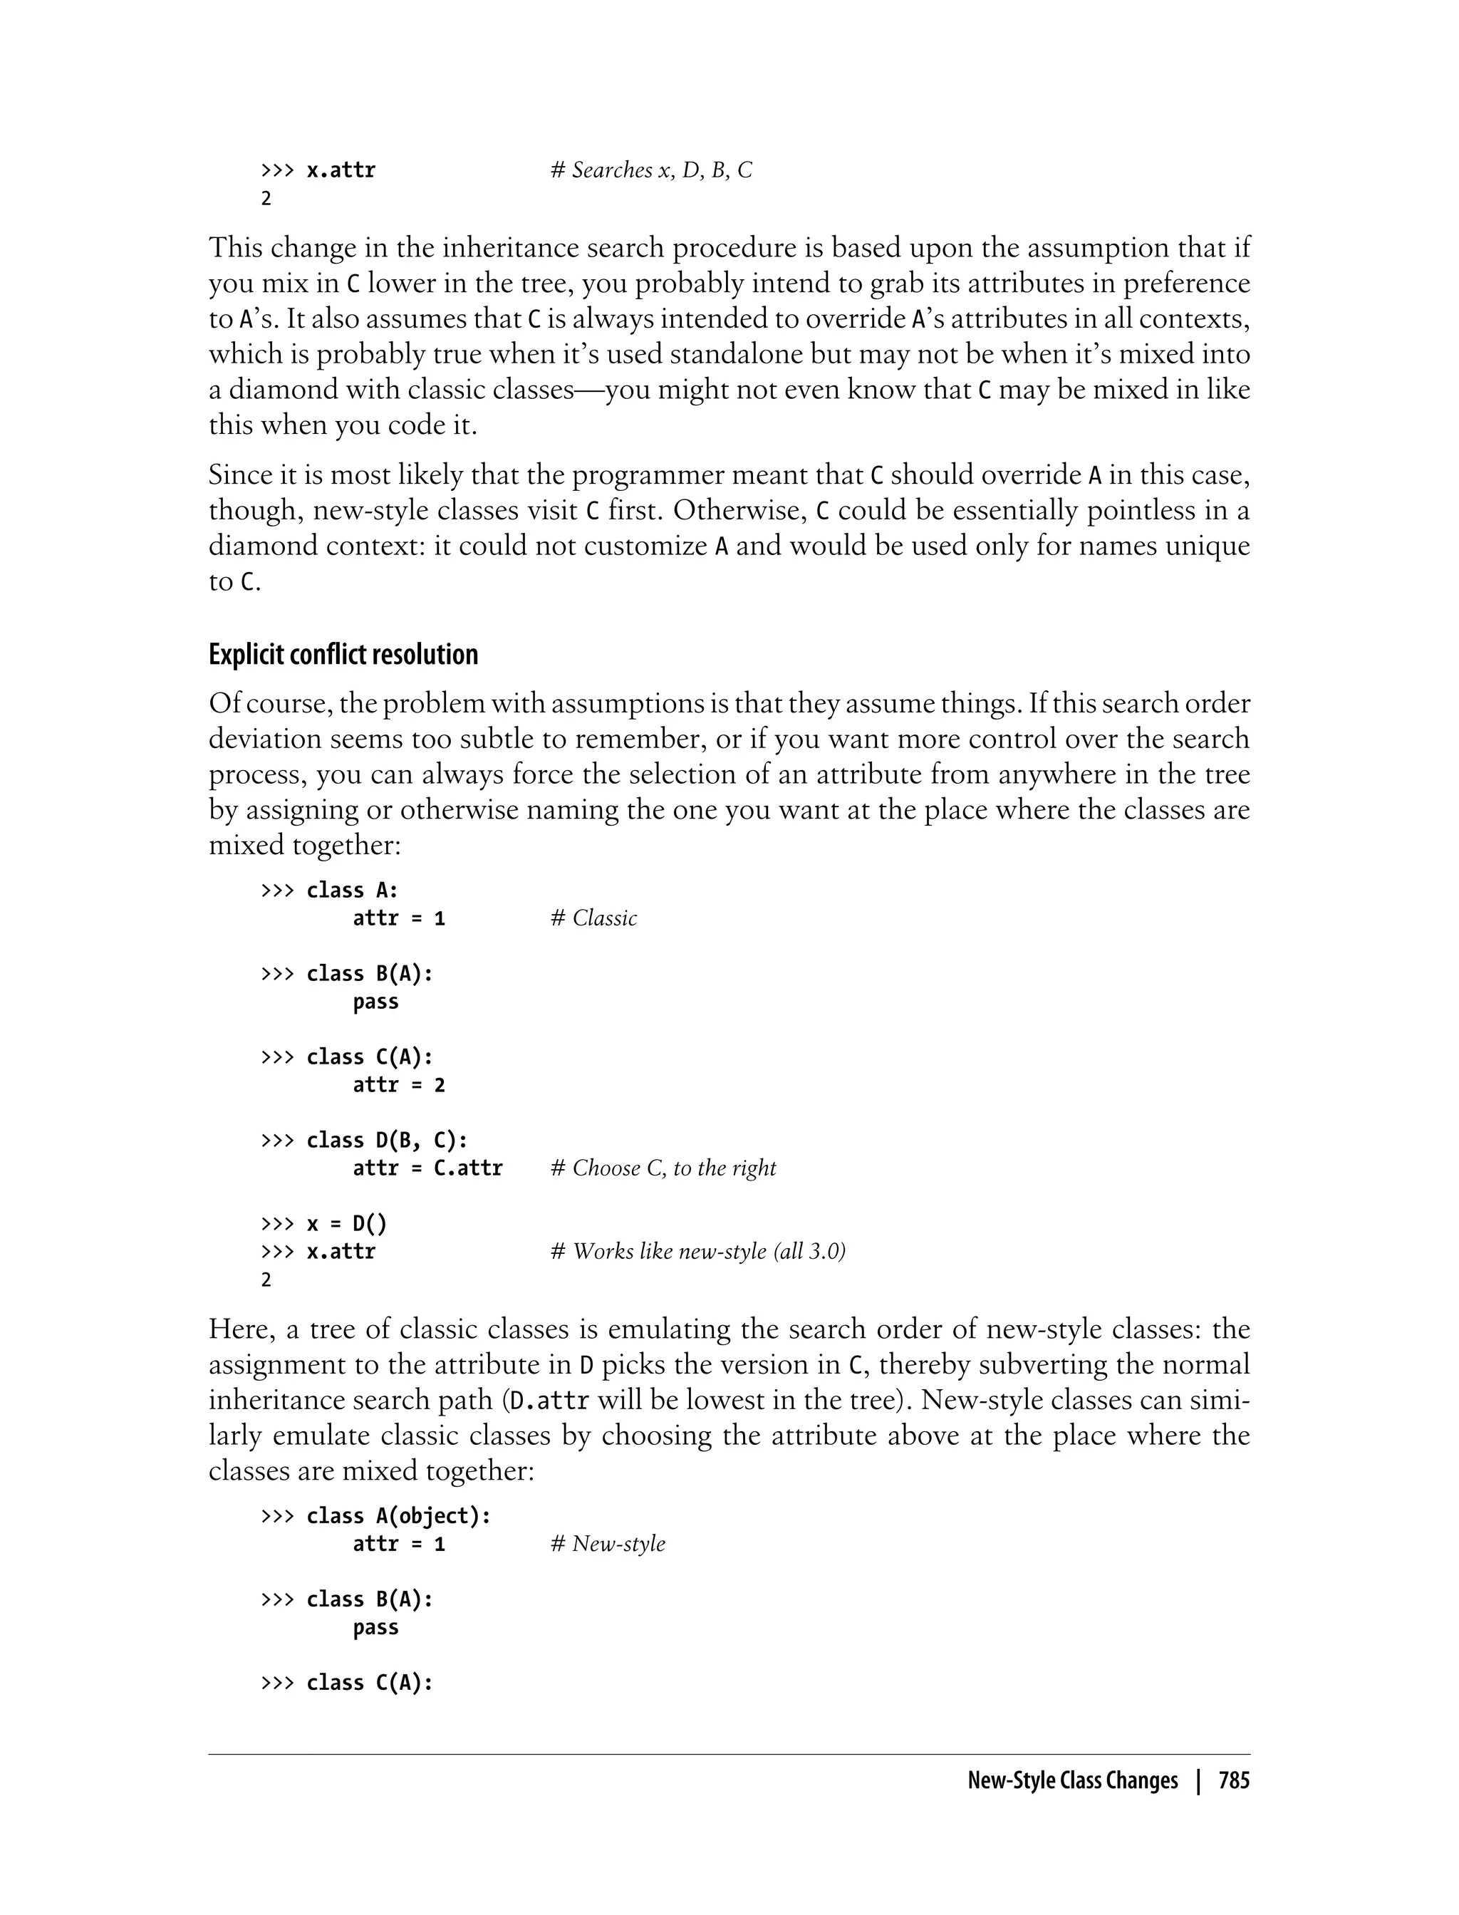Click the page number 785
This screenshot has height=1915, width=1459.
click(1233, 1780)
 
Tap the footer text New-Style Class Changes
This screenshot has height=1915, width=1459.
click(1073, 1780)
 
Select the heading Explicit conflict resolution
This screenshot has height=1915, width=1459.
click(343, 654)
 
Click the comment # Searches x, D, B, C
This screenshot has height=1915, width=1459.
click(651, 170)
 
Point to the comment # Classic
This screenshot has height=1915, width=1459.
click(594, 918)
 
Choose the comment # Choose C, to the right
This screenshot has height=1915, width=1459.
click(663, 1168)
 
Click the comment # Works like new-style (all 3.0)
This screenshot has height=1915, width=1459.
click(698, 1252)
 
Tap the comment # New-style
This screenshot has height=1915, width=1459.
click(608, 1543)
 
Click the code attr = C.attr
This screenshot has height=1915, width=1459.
click(427, 1168)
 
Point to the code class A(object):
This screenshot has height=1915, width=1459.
click(399, 1515)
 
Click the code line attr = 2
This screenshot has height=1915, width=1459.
click(399, 1085)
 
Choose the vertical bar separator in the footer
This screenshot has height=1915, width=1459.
click(1198, 1780)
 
